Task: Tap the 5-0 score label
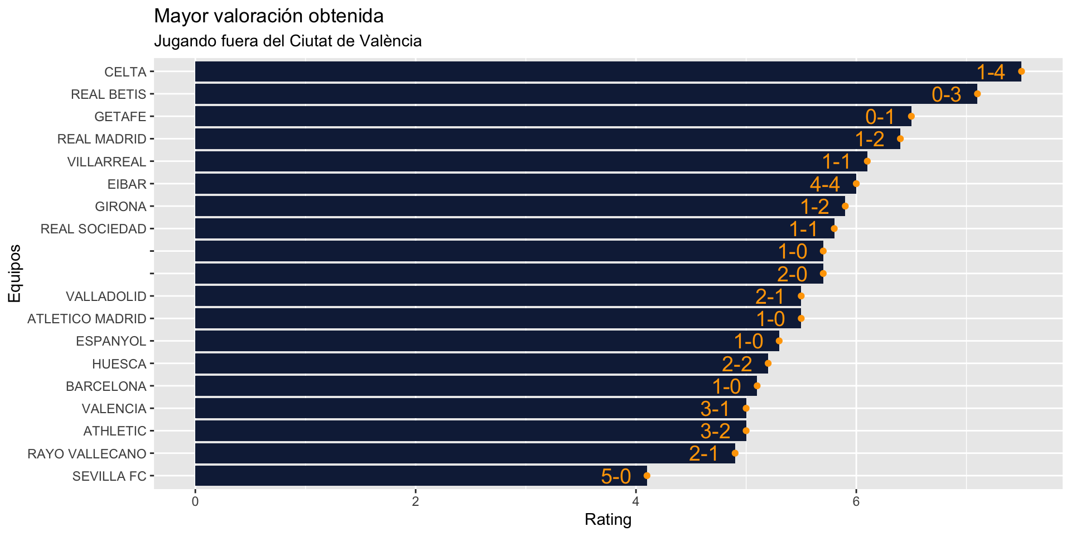pos(616,476)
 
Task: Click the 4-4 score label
pos(824,184)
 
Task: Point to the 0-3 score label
pos(947,94)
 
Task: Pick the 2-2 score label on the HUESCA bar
pos(737,364)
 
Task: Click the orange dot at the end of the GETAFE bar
pos(911,116)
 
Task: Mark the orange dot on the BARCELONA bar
pos(757,386)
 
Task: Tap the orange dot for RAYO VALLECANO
pos(735,453)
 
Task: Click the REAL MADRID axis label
pos(102,139)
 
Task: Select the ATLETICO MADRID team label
pos(87,319)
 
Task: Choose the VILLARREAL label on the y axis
pos(107,162)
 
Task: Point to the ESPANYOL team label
pos(111,341)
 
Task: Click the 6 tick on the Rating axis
pos(856,501)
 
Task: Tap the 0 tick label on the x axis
pos(195,501)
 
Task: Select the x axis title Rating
pos(608,520)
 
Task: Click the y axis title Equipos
pos(15,274)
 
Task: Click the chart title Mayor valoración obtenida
pos(268,16)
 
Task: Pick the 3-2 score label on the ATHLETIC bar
pos(715,431)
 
